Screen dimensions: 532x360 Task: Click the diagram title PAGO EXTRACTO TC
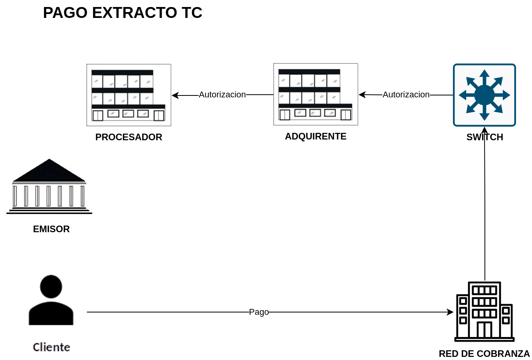point(123,12)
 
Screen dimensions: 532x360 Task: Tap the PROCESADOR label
point(129,137)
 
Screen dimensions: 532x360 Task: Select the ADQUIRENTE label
point(315,136)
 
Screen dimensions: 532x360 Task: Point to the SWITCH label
point(485,137)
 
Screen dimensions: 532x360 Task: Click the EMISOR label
point(51,229)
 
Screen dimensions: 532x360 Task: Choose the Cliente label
point(51,347)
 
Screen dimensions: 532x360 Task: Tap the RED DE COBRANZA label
point(484,354)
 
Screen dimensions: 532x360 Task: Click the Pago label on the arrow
point(259,312)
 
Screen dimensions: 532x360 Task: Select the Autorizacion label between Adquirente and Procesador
point(222,95)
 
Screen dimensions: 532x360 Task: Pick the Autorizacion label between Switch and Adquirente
point(406,95)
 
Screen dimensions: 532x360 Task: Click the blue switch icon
point(484,95)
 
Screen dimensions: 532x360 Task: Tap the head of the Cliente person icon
point(51,287)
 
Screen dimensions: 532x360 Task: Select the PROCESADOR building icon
point(129,95)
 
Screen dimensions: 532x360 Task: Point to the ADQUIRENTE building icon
point(315,94)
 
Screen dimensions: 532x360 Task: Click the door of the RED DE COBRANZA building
point(484,330)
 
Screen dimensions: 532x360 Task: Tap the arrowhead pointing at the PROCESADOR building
point(175,95)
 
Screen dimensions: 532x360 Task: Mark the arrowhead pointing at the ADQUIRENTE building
point(362,95)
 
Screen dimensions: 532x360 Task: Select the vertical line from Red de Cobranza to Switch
point(485,204)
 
